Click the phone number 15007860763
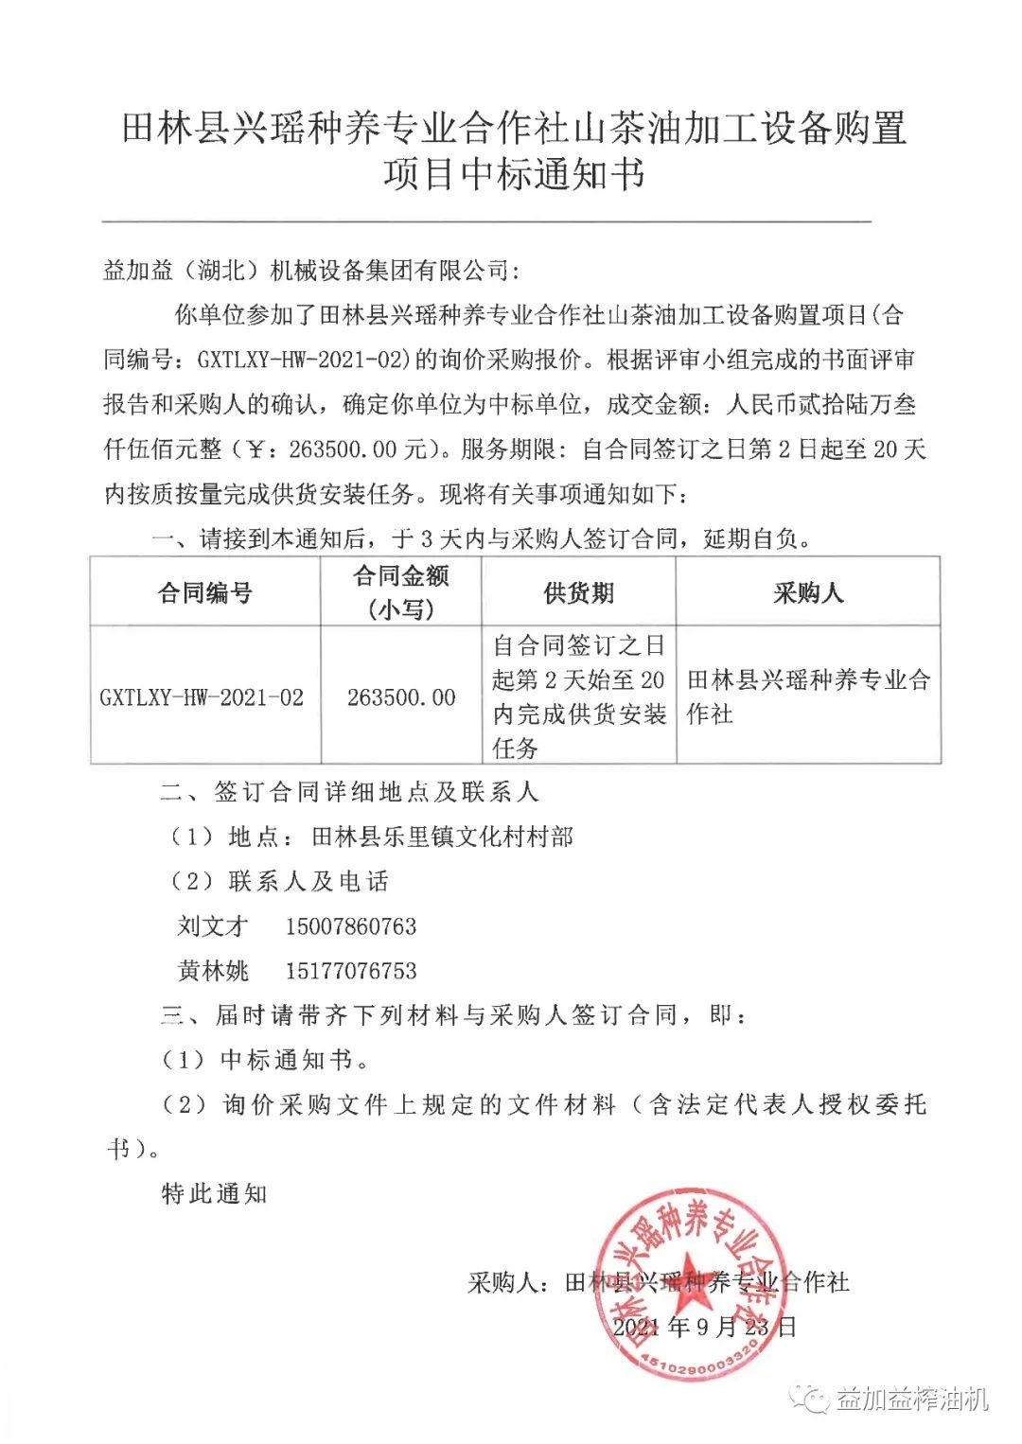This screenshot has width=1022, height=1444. (351, 925)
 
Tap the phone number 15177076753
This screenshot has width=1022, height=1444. (351, 970)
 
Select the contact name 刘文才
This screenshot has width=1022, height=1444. (213, 925)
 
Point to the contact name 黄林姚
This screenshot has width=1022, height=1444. (213, 970)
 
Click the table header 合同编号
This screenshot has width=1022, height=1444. (205, 593)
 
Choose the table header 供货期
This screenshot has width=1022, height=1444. (578, 593)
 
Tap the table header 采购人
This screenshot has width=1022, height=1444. (807, 593)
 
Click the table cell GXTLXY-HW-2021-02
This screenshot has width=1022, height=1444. (203, 697)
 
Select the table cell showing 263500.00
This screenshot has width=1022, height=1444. (401, 697)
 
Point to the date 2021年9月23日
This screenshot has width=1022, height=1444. (704, 1326)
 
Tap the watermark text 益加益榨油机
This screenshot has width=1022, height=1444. (912, 1399)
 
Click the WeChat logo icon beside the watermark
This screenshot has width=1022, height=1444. (813, 1398)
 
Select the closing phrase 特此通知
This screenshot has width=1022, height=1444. (215, 1193)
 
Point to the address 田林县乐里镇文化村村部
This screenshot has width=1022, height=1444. (443, 836)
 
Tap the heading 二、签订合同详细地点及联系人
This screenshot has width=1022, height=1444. (349, 792)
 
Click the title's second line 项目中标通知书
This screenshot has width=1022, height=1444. (515, 174)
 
